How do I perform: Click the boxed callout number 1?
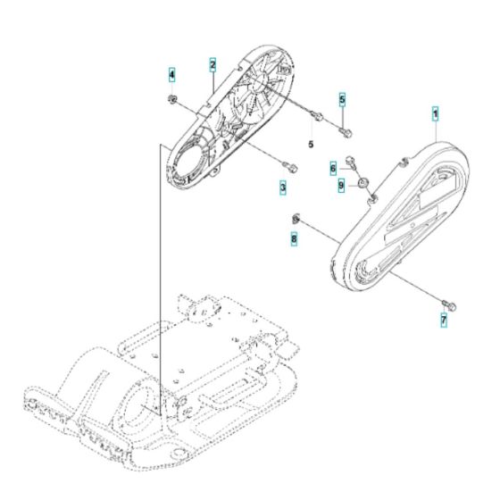click(x=436, y=114)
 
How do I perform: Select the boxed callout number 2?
click(x=212, y=64)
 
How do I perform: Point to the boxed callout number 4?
click(x=172, y=74)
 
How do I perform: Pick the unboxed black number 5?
click(x=311, y=143)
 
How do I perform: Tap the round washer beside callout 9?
click(x=363, y=186)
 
